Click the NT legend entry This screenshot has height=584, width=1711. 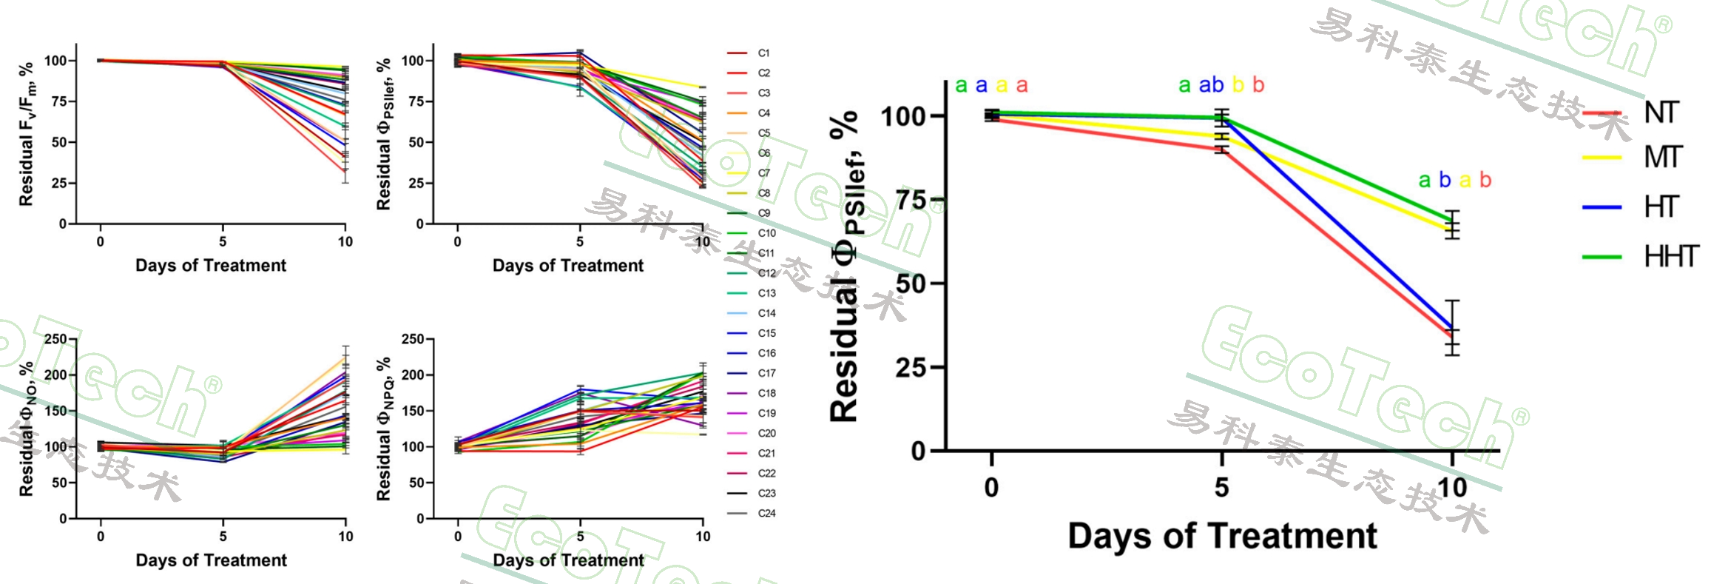[1661, 113]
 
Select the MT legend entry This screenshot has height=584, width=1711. [1662, 157]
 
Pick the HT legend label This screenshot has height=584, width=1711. [1661, 207]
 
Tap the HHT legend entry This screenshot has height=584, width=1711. [1670, 256]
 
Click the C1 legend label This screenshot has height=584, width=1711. [763, 53]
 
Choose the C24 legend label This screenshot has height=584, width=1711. [766, 513]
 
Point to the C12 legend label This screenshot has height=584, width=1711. [766, 273]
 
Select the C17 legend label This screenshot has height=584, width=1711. [766, 373]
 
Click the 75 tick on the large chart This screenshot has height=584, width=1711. [911, 200]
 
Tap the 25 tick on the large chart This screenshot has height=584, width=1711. [911, 367]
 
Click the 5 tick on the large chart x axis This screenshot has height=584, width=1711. [1221, 487]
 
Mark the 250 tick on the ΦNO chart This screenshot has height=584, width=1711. [55, 339]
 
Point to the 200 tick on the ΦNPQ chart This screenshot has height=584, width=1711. [413, 375]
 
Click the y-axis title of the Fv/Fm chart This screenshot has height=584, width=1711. [26, 134]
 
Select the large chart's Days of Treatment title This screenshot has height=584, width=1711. [1222, 535]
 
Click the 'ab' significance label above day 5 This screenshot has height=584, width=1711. [1211, 85]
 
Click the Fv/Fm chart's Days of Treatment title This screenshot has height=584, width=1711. [210, 265]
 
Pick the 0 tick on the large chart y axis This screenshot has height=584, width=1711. [918, 450]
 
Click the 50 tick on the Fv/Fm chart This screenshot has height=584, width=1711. [59, 142]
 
